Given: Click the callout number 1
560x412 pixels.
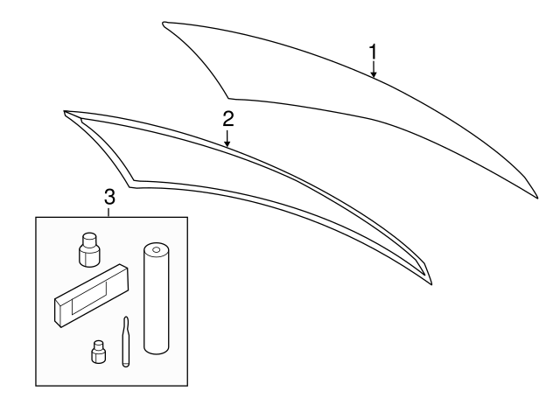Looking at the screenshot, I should [373, 52].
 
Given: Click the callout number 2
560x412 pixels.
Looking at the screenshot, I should [227, 117].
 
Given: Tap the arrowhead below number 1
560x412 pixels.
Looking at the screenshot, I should [374, 76].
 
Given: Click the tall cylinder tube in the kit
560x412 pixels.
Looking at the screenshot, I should [155, 302].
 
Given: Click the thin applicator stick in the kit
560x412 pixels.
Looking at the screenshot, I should [126, 341].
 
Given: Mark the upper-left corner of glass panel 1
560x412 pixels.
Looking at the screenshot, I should [164, 24].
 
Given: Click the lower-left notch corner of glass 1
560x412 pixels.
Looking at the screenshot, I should [229, 96].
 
